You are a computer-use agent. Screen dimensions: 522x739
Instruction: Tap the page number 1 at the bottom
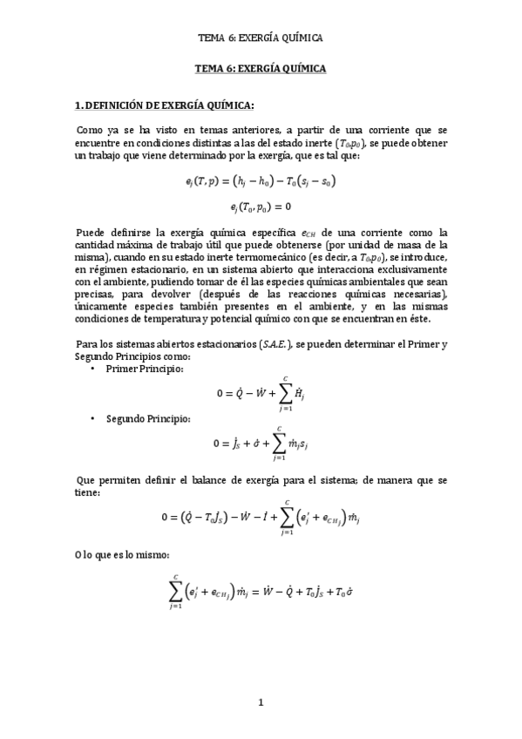coord(260,702)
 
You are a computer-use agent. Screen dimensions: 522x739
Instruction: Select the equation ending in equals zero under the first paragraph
coord(261,206)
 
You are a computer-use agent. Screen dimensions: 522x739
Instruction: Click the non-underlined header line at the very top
coord(261,37)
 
